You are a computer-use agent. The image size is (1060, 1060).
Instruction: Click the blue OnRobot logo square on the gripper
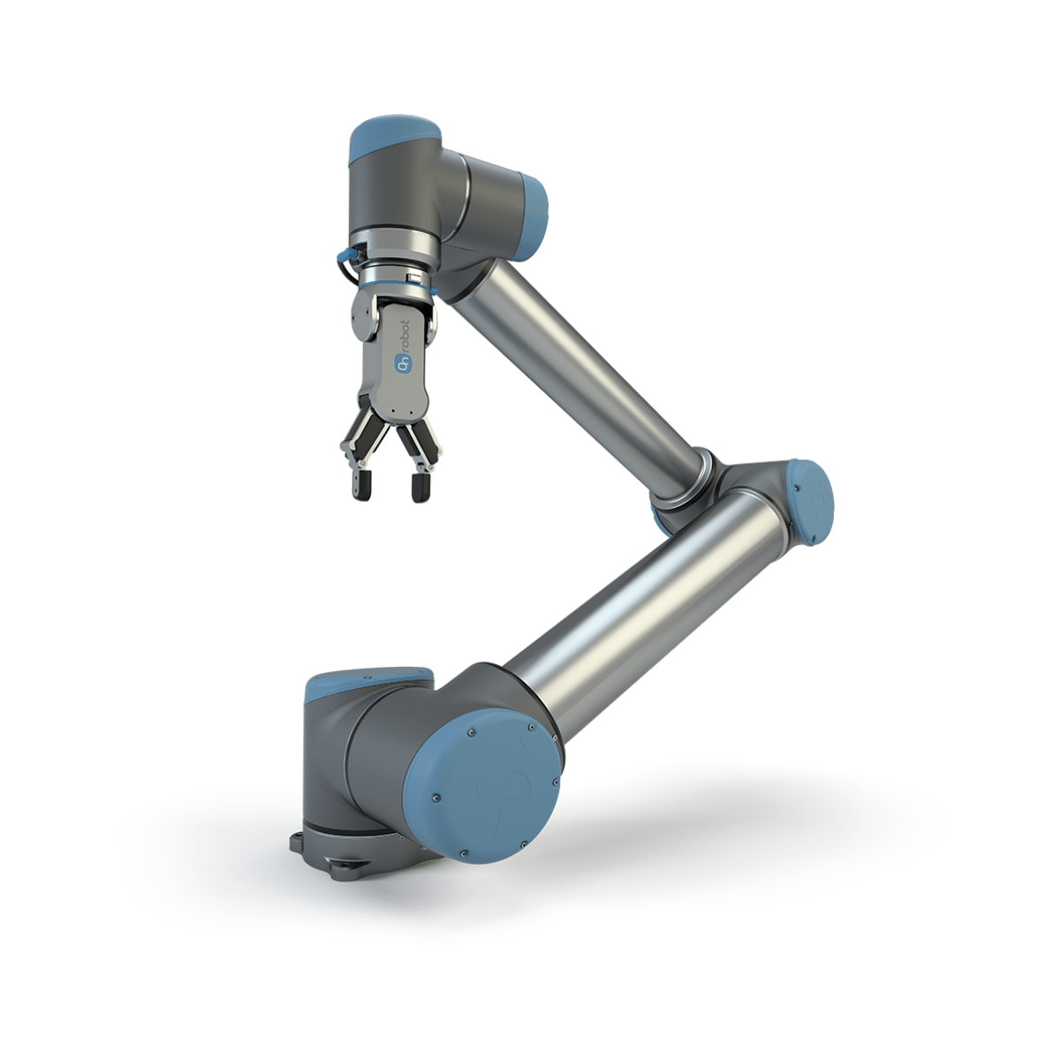tap(404, 363)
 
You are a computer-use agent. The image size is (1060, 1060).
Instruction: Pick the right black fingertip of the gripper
tap(420, 488)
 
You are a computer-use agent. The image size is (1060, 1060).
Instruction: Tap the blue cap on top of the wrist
tap(395, 140)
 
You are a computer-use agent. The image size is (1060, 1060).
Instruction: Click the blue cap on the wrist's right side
tap(533, 216)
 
